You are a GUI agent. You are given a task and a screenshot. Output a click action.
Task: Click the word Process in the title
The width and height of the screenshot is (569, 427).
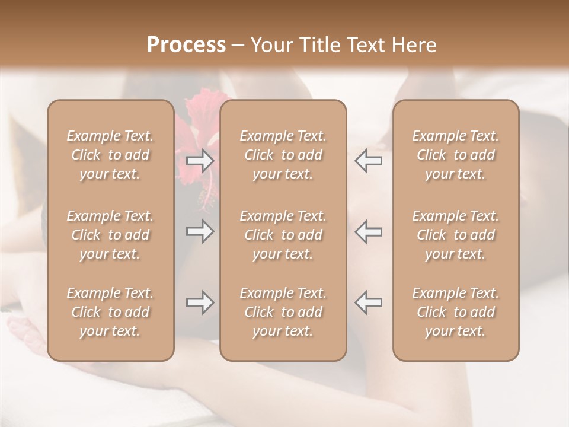(x=186, y=45)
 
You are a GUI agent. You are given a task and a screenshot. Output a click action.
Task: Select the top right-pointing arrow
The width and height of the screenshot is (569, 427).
(x=200, y=161)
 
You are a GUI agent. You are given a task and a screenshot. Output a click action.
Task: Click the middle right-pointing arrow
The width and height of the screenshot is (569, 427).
(x=200, y=231)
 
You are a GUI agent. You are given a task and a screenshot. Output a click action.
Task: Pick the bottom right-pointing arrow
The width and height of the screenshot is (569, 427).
(x=200, y=302)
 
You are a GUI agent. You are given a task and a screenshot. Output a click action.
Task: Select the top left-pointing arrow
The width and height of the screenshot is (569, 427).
(x=369, y=161)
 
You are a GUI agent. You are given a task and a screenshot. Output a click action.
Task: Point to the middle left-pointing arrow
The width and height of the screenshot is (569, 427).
(x=369, y=231)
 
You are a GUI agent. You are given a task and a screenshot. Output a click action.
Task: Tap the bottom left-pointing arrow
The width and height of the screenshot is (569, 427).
(x=369, y=302)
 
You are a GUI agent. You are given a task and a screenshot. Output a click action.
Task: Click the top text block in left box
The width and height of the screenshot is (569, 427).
(x=110, y=155)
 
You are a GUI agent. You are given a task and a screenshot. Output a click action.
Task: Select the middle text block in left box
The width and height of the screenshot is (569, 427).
(x=110, y=235)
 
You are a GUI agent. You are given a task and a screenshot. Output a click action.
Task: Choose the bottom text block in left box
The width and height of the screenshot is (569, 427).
(x=110, y=312)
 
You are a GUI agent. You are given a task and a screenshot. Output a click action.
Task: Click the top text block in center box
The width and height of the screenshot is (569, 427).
(x=283, y=155)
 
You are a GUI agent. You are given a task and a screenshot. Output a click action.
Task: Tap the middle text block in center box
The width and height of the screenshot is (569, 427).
(x=283, y=235)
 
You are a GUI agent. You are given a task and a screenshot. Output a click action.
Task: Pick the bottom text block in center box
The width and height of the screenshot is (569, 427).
(x=283, y=312)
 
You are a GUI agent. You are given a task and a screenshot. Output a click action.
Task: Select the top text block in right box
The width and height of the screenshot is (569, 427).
(x=456, y=155)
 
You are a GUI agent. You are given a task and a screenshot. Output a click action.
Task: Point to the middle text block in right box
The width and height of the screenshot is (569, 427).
(x=456, y=235)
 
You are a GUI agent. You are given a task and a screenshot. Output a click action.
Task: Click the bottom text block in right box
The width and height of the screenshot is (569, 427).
(x=456, y=312)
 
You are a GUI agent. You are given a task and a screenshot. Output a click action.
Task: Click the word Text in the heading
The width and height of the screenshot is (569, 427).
(x=367, y=45)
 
